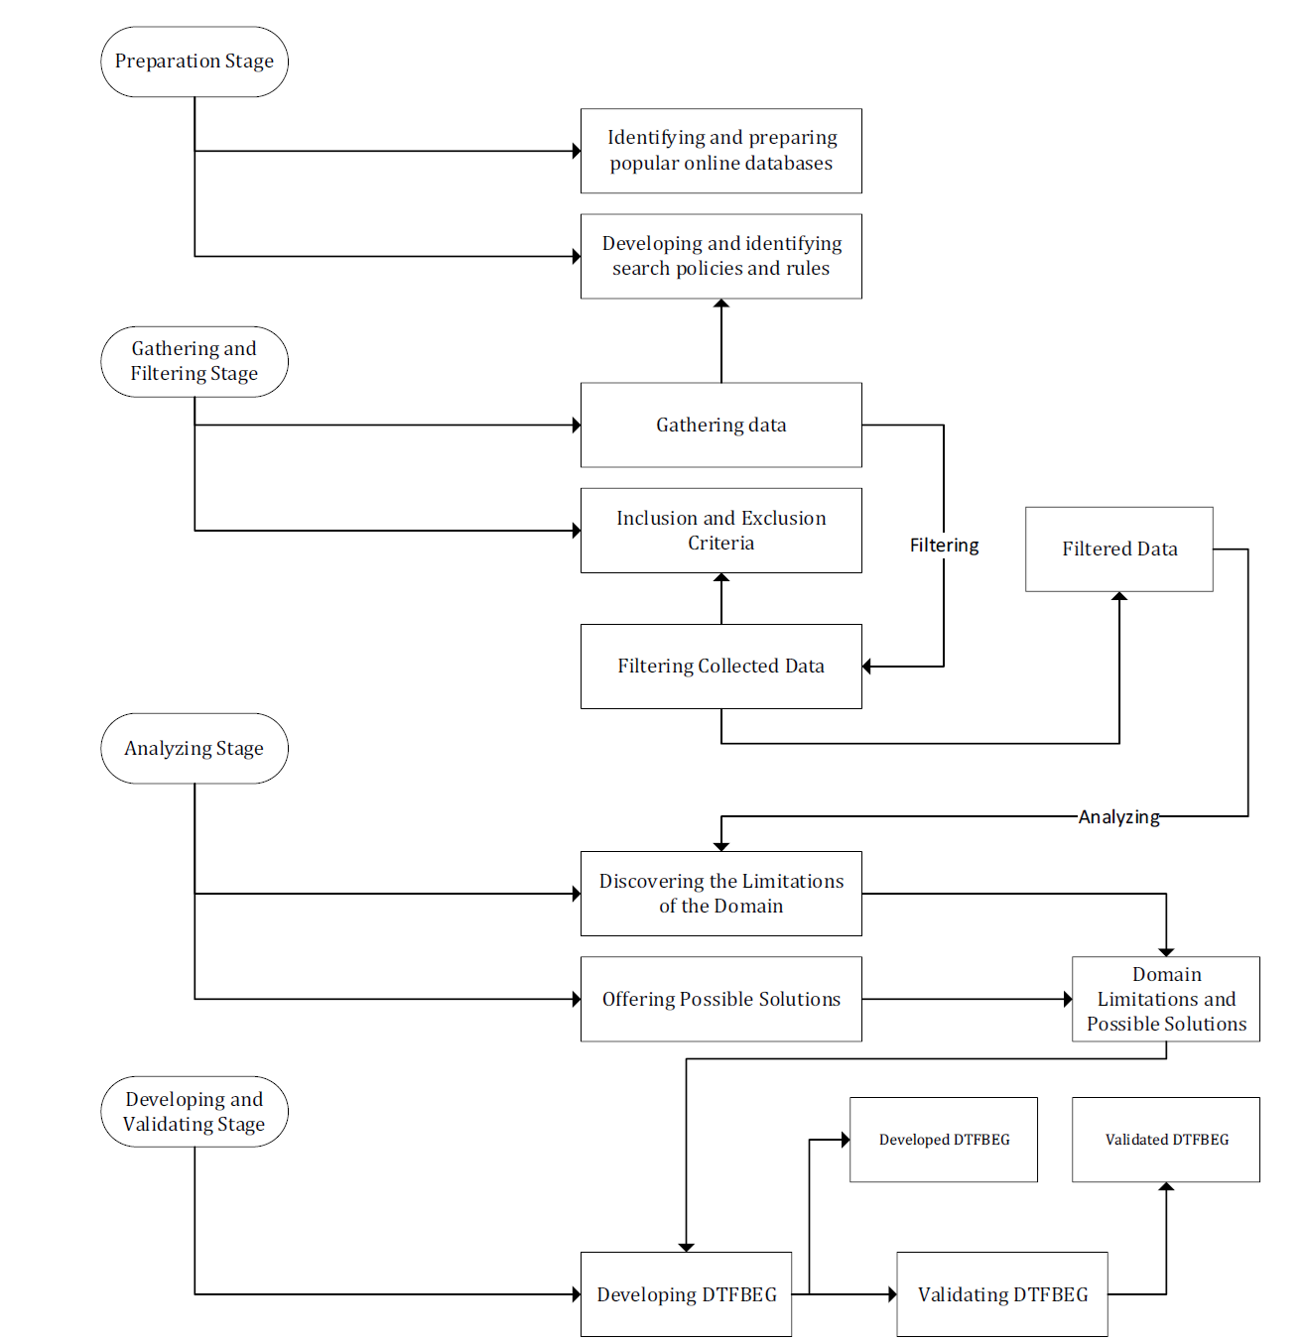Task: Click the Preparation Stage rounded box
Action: coord(195,61)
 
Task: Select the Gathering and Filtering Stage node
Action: coord(195,361)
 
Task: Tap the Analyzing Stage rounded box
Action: coord(195,748)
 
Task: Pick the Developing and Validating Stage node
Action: coord(195,1111)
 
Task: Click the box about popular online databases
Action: coord(721,150)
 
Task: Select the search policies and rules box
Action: coord(721,256)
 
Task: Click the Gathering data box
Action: coord(721,425)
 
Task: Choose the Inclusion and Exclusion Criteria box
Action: coord(721,530)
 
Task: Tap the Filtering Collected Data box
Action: coord(721,666)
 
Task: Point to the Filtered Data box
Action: coord(1119,549)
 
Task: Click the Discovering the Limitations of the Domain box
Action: coord(721,893)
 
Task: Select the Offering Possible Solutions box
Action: coord(721,999)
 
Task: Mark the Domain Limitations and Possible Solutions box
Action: coord(1166,999)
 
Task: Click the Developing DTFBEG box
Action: coord(686,1294)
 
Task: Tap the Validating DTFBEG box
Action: coord(1002,1294)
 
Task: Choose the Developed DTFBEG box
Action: coord(943,1139)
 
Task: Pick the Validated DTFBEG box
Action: coord(1166,1139)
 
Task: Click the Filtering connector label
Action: coord(944,546)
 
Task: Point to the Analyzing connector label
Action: coord(1119,816)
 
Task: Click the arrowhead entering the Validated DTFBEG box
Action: coord(1166,1186)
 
